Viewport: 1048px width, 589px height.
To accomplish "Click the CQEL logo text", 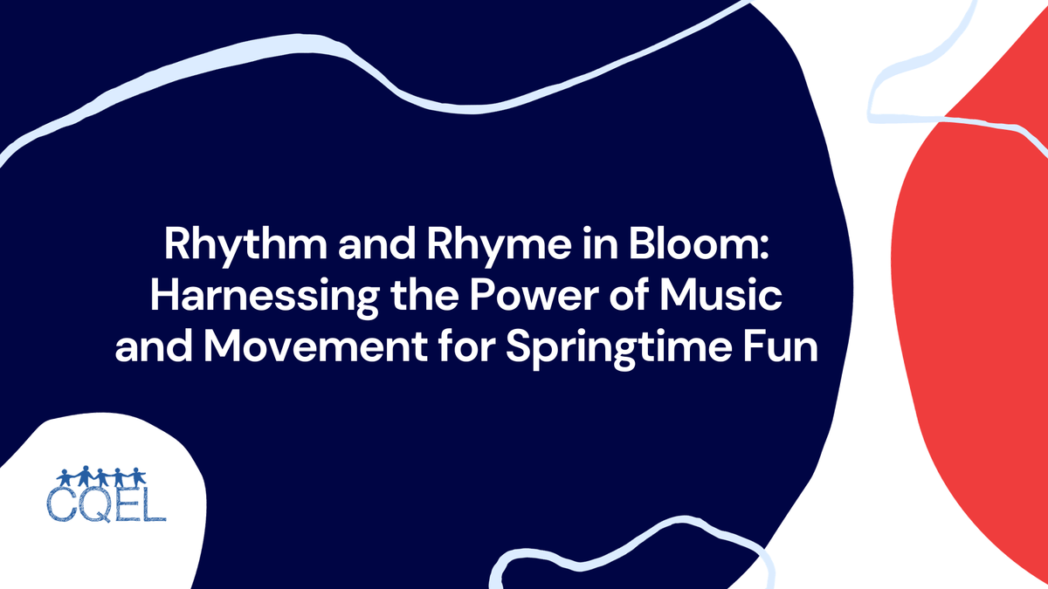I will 107,506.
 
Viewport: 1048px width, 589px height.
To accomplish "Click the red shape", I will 978,332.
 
